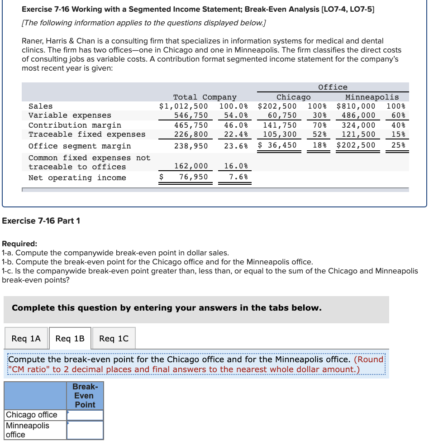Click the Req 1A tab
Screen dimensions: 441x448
[x=26, y=338]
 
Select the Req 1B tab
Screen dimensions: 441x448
[x=70, y=338]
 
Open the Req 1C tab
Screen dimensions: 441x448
[x=114, y=338]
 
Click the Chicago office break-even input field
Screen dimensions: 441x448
[x=85, y=415]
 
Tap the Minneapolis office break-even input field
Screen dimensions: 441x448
[x=85, y=430]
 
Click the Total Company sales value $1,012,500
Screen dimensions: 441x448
[x=183, y=106]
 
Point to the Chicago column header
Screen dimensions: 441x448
[x=293, y=97]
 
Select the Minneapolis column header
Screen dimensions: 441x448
[x=372, y=97]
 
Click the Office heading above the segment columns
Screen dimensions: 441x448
[x=333, y=87]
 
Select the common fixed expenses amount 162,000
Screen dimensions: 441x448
[x=191, y=166]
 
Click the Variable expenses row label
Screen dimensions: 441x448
[x=70, y=115]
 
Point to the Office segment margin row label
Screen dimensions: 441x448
[x=80, y=146]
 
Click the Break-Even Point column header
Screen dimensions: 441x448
[x=85, y=395]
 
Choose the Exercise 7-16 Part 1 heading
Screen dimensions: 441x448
[x=41, y=220]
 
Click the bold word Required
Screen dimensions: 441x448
[x=19, y=244]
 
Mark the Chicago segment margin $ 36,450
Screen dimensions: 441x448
[x=277, y=145]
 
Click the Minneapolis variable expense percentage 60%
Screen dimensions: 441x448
[x=398, y=115]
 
